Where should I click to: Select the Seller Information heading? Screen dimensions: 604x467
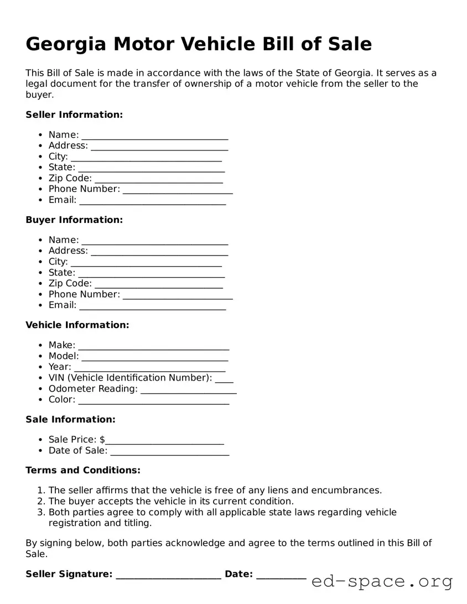click(x=74, y=114)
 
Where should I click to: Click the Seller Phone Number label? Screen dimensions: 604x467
click(x=84, y=189)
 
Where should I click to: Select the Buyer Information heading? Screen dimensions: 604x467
click(x=74, y=220)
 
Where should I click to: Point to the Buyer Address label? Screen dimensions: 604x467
click(x=68, y=251)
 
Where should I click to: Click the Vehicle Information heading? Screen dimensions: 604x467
click(x=77, y=325)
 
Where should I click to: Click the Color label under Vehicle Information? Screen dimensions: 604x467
click(x=61, y=399)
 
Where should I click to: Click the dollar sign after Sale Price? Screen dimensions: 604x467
click(x=102, y=440)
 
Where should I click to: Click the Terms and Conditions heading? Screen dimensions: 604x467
click(x=83, y=470)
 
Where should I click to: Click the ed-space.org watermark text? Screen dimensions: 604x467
click(x=382, y=581)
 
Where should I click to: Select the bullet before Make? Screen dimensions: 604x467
click(x=41, y=346)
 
